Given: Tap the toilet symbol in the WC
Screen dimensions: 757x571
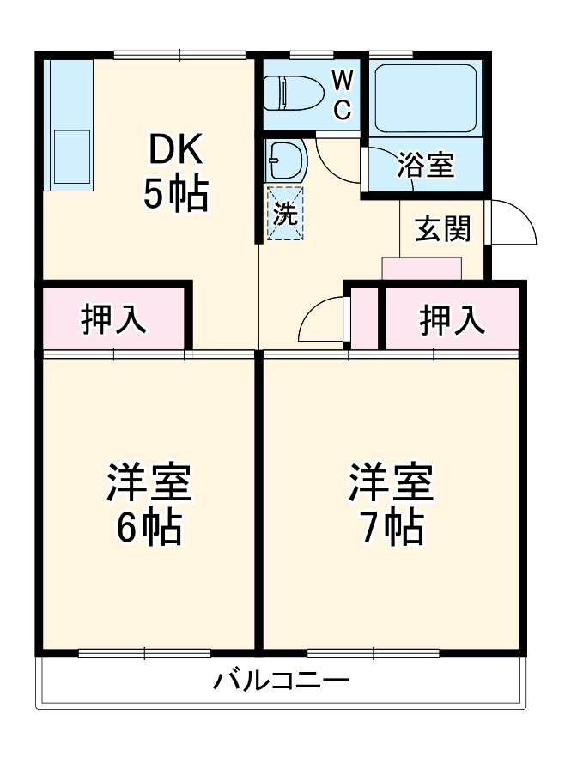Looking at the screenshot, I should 289,92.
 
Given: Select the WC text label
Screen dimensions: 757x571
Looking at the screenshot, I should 342,95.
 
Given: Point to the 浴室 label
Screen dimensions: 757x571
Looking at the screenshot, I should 425,165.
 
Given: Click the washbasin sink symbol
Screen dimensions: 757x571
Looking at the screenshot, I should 284,159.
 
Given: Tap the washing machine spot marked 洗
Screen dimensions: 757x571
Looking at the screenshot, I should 284,214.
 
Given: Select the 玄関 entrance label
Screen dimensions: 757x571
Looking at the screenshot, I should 443,229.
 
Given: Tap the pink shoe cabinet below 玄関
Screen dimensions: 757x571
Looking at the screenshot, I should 422,268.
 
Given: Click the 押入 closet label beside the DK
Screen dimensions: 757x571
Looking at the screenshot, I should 113,319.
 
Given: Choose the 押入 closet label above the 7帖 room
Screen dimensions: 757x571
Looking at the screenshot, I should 452,319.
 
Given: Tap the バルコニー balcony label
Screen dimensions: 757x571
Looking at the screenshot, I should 282,682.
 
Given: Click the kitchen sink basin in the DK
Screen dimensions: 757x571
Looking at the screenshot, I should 72,156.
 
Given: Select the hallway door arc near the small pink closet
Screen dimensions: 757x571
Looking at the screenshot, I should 319,322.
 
